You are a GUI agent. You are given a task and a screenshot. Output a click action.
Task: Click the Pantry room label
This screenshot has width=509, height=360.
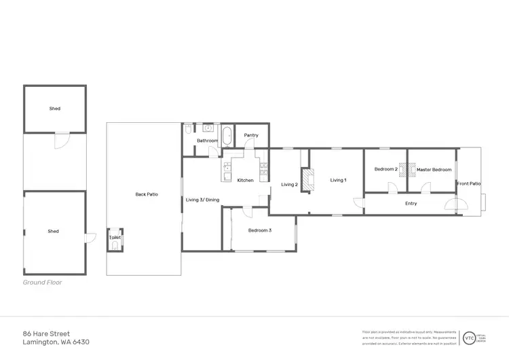click(251, 135)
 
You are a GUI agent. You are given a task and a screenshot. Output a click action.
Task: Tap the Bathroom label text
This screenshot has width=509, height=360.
click(207, 141)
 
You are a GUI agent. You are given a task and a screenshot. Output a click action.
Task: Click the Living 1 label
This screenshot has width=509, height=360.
click(338, 180)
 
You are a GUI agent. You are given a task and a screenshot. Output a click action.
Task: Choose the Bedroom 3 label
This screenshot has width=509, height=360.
click(259, 231)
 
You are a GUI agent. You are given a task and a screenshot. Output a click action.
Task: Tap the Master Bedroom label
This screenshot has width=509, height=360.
click(434, 169)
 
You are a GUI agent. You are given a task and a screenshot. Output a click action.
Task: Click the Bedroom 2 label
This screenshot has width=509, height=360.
click(385, 169)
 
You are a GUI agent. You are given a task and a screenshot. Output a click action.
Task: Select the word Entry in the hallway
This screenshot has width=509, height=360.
click(411, 203)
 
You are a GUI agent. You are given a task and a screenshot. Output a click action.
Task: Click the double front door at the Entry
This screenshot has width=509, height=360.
click(456, 206)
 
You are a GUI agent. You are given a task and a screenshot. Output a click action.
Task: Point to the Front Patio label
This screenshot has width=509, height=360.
click(469, 183)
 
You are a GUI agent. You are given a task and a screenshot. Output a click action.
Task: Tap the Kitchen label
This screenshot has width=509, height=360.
click(245, 180)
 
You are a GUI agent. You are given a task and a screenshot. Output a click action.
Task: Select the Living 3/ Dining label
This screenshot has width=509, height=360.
click(203, 200)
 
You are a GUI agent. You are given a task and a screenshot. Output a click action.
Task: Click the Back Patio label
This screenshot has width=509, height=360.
click(147, 194)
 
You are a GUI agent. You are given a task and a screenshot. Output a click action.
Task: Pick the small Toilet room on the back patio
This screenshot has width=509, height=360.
click(115, 239)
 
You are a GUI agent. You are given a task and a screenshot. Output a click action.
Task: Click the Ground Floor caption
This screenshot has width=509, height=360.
click(42, 283)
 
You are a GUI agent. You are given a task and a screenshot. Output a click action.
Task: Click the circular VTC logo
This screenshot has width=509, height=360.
click(469, 338)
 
